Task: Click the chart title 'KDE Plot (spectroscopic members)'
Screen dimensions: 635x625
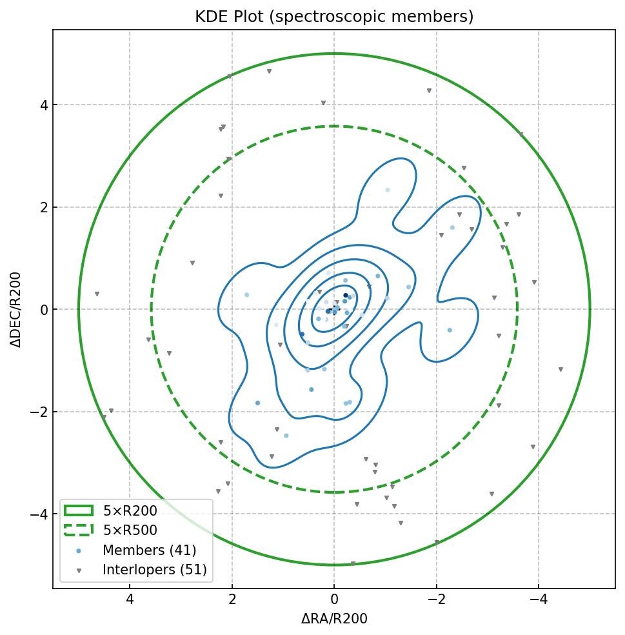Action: (334, 17)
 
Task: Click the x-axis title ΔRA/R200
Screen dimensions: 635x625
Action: (334, 619)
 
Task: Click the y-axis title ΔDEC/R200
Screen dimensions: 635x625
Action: (16, 310)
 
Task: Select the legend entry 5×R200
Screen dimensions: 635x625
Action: (130, 511)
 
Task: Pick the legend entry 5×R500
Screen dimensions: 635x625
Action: (130, 530)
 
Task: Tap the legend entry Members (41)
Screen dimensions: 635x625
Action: (149, 550)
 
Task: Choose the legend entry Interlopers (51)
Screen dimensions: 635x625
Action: (154, 570)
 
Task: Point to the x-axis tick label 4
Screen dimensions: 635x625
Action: (130, 600)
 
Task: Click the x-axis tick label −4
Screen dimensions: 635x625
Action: (538, 600)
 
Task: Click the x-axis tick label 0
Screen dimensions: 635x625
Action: (334, 600)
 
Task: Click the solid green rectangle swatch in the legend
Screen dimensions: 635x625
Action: (79, 511)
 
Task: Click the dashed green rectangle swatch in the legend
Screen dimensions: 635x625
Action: (79, 530)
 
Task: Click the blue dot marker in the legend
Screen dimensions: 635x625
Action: (79, 551)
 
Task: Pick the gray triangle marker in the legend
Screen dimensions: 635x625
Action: (79, 570)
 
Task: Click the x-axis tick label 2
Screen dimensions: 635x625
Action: (232, 600)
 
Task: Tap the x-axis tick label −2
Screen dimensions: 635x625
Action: (436, 600)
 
